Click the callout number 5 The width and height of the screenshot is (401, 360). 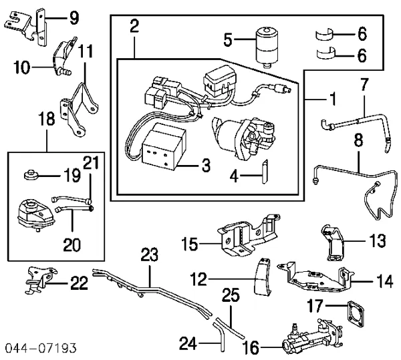pyautogui.click(x=229, y=41)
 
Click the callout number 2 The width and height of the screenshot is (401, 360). pyautogui.click(x=134, y=27)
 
